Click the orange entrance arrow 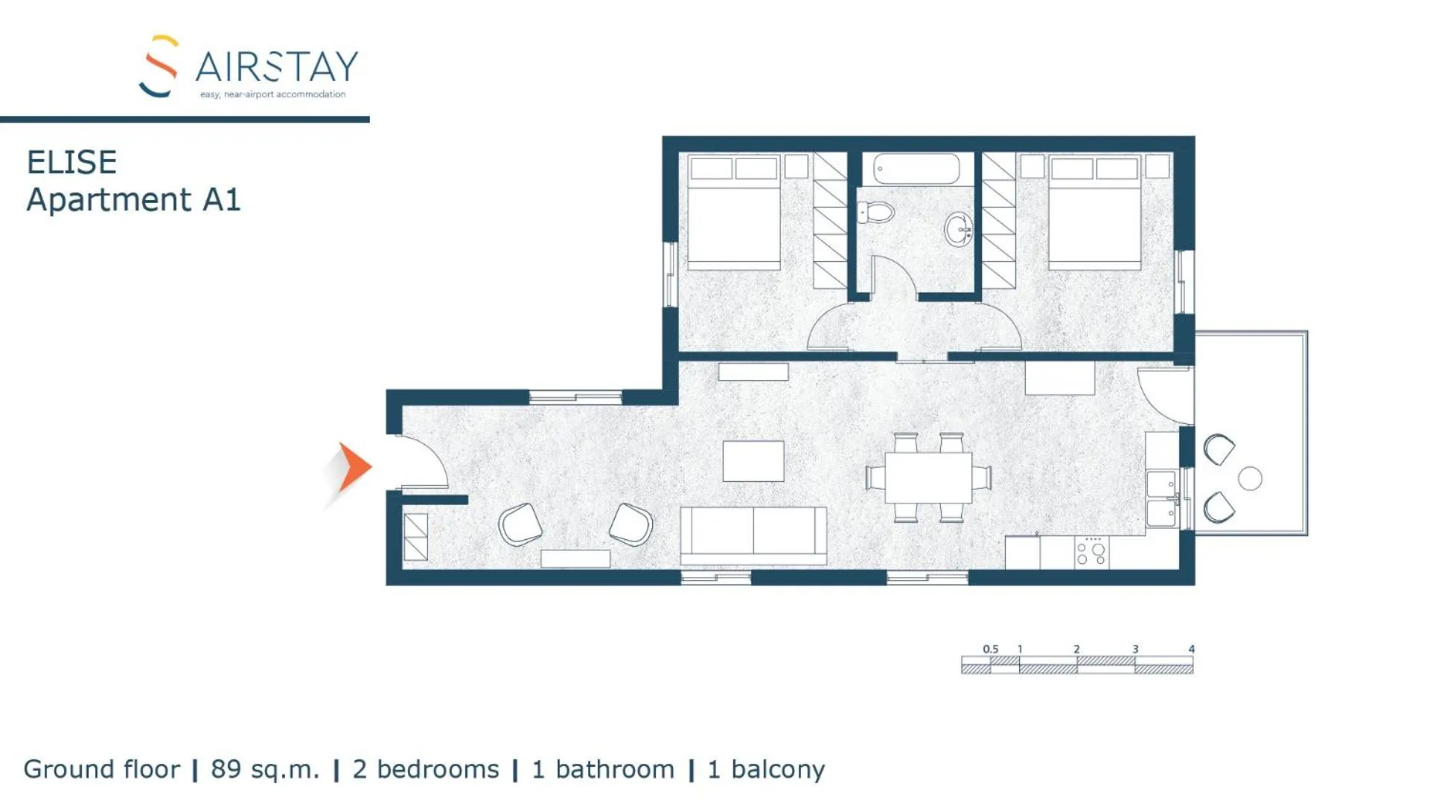point(353,468)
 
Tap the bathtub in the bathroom point(916,169)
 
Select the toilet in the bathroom point(876,213)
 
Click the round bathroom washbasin point(958,230)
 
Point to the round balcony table point(1250,478)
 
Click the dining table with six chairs point(928,477)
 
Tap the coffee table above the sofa point(753,461)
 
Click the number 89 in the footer point(226,769)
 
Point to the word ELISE point(71,163)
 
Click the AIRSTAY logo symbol point(159,66)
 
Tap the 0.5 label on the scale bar point(990,649)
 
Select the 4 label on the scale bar point(1191,649)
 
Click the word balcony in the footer point(778,769)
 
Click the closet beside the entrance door point(415,537)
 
